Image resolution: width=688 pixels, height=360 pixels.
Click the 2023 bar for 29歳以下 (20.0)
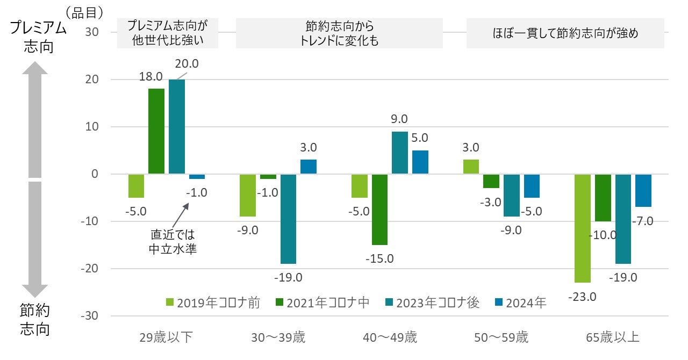(177, 127)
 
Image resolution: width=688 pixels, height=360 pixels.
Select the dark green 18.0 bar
(156, 131)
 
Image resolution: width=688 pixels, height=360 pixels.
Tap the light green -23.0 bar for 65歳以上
(583, 228)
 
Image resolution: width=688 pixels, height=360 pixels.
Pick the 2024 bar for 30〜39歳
(309, 167)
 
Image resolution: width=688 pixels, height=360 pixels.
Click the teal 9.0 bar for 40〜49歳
(400, 153)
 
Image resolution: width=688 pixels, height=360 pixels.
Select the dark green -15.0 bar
(379, 210)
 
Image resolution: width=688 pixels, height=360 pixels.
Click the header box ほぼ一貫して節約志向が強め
(565, 33)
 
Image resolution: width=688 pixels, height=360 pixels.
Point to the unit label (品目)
(84, 10)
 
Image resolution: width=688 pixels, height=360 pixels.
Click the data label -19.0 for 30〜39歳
(289, 278)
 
